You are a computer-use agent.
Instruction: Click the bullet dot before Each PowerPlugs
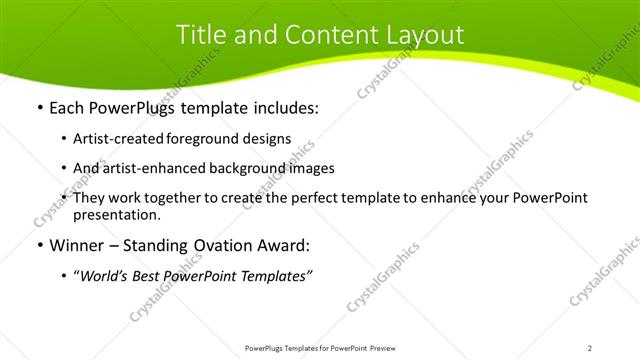pyautogui.click(x=39, y=106)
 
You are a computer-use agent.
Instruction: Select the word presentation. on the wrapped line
pyautogui.click(x=116, y=214)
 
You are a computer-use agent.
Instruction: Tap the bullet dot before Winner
pyautogui.click(x=39, y=246)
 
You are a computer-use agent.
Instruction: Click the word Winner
pyautogui.click(x=76, y=246)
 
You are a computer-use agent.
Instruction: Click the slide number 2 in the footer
pyautogui.click(x=590, y=348)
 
